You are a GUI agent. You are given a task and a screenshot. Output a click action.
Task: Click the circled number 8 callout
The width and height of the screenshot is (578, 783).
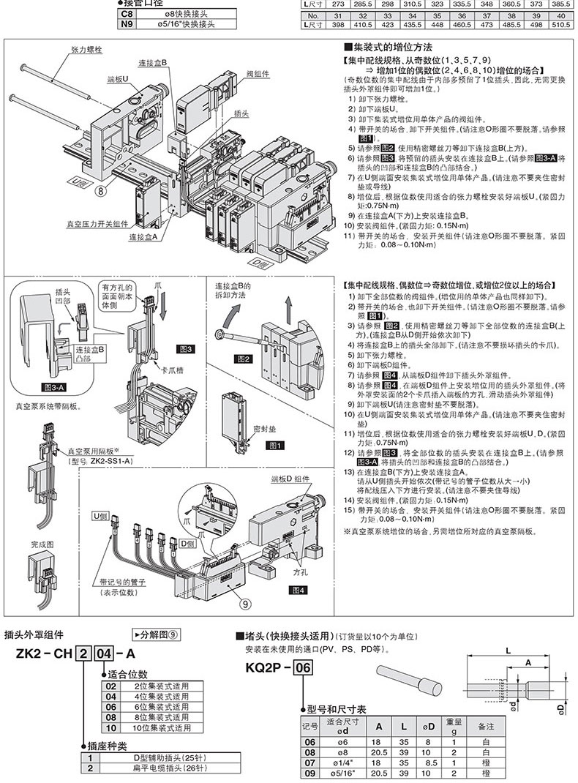coord(100,193)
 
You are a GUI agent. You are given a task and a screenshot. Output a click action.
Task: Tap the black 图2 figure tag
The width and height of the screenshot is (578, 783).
coord(243,358)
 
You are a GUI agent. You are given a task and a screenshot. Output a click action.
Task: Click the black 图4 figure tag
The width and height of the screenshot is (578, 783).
coord(298,589)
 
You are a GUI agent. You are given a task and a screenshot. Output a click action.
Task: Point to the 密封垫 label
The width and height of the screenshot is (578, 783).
coord(262,427)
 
